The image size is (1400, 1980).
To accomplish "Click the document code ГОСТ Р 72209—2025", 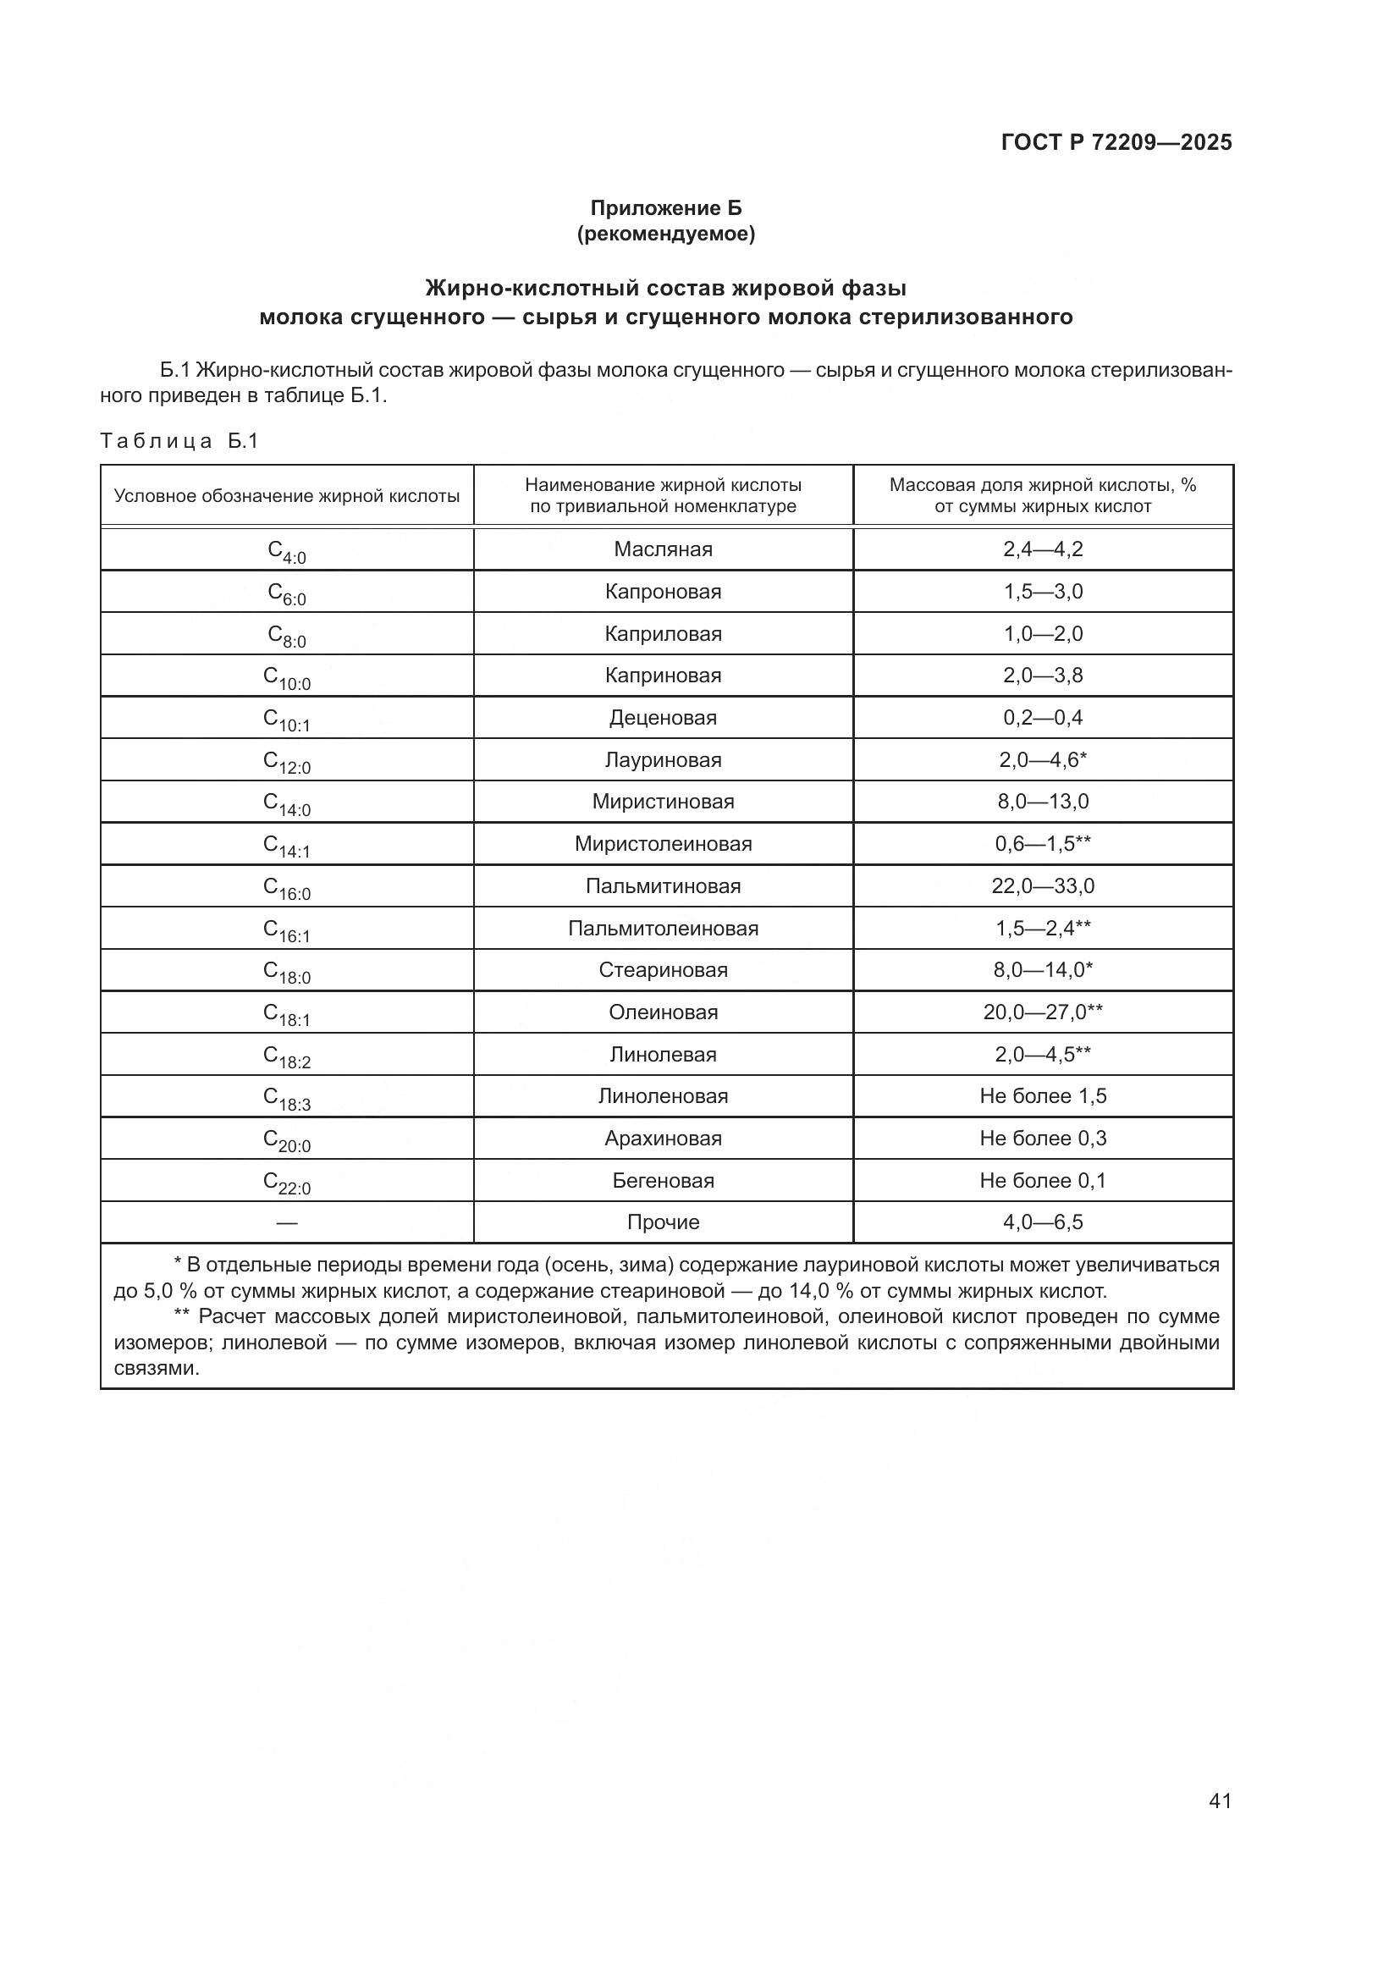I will (1116, 142).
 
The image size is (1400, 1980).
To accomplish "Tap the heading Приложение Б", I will (665, 208).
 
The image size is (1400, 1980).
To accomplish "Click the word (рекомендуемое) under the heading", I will (665, 234).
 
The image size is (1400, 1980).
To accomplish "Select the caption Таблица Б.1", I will (179, 442).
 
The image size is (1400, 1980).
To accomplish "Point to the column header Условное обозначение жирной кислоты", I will (286, 496).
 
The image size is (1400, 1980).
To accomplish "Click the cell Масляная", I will (663, 549).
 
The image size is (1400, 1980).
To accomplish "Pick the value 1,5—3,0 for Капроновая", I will (1042, 592).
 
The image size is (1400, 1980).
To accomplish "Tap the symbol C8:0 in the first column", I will (286, 636).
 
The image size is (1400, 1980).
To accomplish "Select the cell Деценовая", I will (663, 718).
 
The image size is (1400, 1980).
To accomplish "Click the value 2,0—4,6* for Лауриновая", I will (1042, 759).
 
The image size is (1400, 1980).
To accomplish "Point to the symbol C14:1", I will (286, 846).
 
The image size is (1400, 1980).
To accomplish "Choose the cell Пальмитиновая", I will (663, 885).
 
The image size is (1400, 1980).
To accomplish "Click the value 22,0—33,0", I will (1042, 885).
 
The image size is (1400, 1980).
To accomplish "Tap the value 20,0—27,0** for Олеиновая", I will (1042, 1012).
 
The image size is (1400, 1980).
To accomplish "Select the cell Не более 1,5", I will (1042, 1096).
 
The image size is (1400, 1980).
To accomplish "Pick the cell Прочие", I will (663, 1222).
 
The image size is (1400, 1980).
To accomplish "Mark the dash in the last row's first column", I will (286, 1223).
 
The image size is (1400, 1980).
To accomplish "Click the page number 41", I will (1220, 1801).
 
